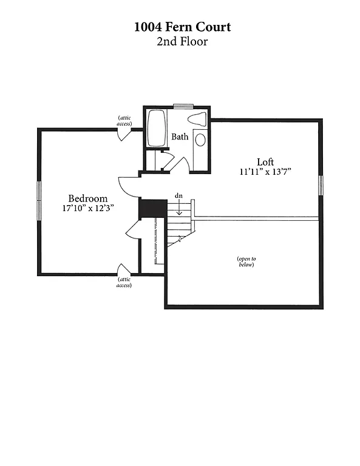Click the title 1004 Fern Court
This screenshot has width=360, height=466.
(x=183, y=27)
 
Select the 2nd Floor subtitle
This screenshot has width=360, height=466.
(x=183, y=42)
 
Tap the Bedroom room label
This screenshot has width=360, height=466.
(x=87, y=198)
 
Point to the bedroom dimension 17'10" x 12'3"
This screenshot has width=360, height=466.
(x=87, y=208)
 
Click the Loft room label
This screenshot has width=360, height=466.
(x=265, y=162)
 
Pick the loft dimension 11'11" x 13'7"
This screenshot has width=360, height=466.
(x=265, y=172)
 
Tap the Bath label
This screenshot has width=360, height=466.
(x=180, y=137)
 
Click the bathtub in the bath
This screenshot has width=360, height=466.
(x=157, y=128)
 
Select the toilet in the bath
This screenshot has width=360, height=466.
(x=197, y=119)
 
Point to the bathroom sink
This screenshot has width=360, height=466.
(x=200, y=139)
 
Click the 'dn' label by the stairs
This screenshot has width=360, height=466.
(x=178, y=195)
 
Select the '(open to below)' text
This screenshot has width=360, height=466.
(x=245, y=262)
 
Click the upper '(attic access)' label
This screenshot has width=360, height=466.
(x=124, y=120)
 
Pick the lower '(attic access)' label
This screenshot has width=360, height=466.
(x=124, y=282)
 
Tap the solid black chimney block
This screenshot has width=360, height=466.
(x=153, y=208)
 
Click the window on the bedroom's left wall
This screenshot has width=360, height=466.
(x=39, y=198)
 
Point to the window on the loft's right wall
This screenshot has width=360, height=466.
(x=321, y=185)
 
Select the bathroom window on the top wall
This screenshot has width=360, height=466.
(x=183, y=107)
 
